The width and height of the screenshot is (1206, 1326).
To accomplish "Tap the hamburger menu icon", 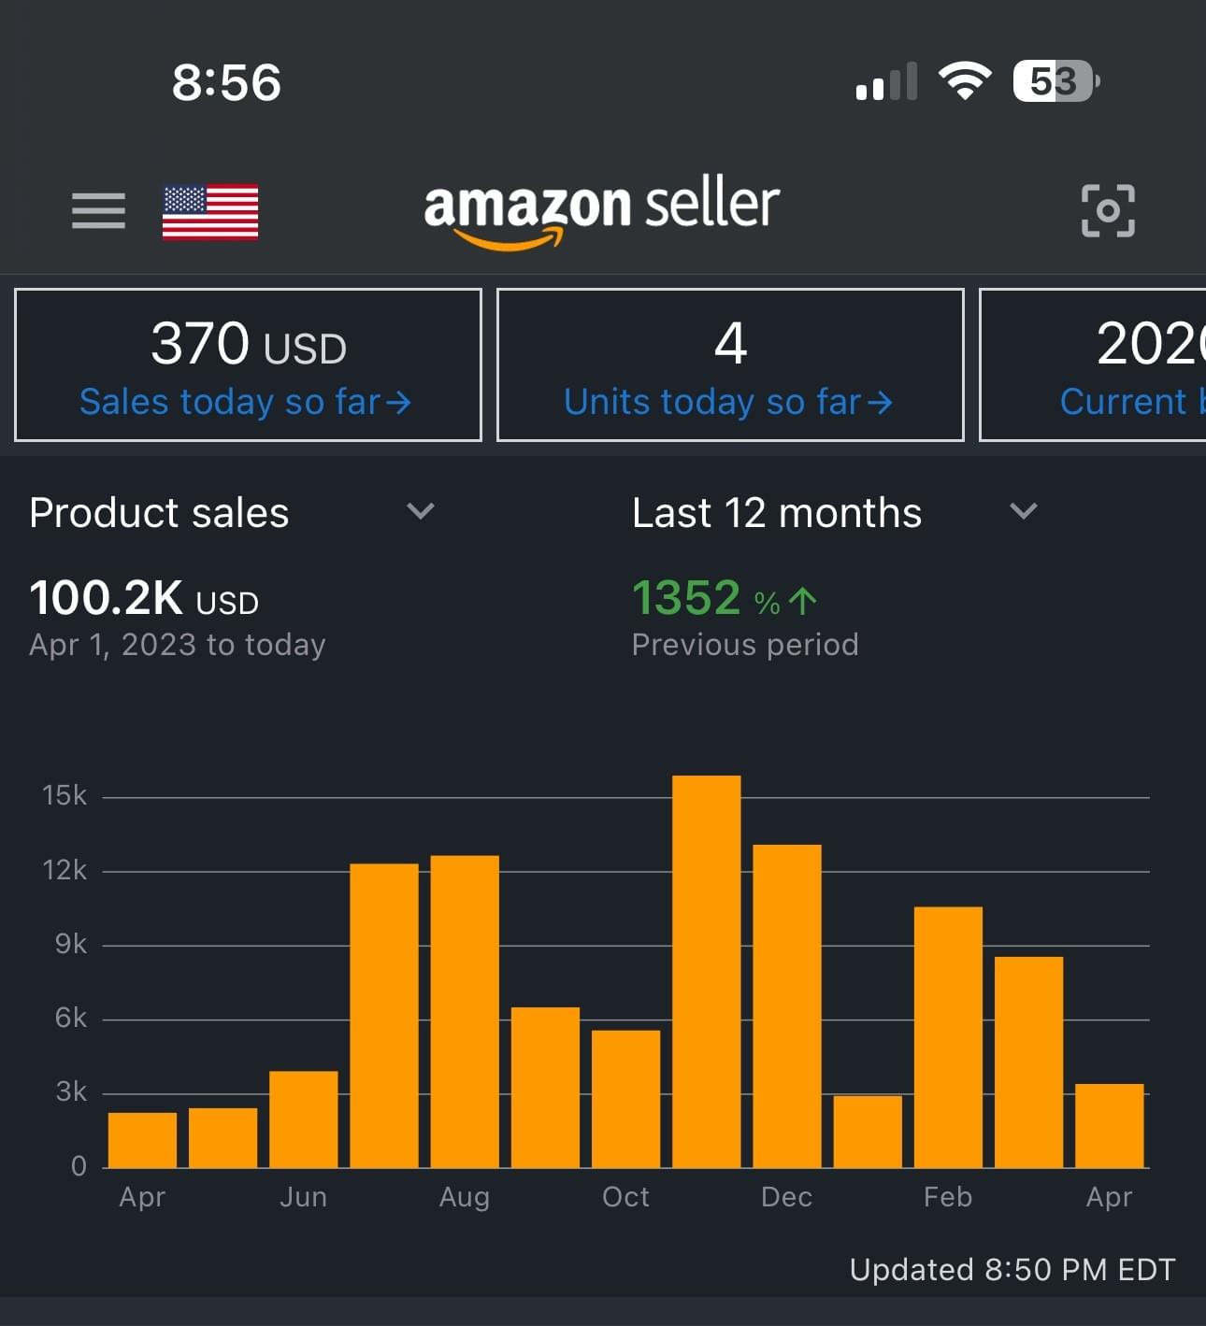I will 98,210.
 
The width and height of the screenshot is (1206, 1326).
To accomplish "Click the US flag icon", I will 210,211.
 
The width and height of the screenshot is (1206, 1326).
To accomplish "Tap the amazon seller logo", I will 601,210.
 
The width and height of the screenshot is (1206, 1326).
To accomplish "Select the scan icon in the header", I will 1108,210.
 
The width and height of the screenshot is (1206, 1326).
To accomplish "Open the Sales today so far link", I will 245,402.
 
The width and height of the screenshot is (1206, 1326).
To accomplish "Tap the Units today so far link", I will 727,402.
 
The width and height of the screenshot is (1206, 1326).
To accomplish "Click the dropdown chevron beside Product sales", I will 421,510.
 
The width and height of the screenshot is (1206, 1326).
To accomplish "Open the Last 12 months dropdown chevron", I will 1024,510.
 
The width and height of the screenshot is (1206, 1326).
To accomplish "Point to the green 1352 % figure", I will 724,598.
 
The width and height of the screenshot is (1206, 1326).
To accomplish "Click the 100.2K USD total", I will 144,598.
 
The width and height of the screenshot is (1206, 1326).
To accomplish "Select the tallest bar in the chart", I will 707,972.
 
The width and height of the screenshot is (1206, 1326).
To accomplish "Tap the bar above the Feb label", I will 948,1037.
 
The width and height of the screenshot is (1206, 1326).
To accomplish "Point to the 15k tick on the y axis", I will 65,795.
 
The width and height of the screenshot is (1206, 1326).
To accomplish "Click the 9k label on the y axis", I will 70,944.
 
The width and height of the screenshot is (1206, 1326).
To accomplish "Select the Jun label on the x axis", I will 303,1197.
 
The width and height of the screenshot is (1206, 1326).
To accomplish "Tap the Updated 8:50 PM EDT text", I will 1012,1269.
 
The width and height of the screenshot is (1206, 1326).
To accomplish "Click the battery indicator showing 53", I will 1055,81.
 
